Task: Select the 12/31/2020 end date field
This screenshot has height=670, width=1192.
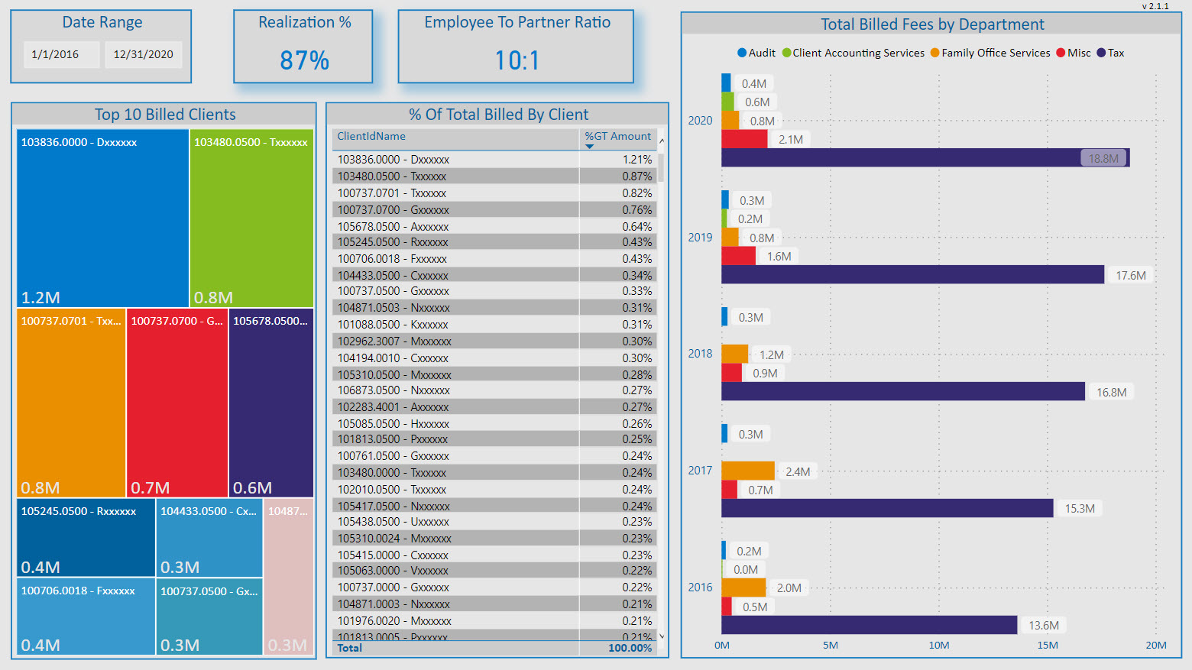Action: click(143, 54)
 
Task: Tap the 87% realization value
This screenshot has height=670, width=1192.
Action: click(304, 60)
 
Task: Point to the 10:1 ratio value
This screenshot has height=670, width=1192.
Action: click(517, 60)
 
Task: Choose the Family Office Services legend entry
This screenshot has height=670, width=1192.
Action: click(990, 53)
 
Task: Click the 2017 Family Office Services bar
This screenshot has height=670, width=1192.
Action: click(747, 471)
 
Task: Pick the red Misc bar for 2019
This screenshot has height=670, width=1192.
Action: click(738, 256)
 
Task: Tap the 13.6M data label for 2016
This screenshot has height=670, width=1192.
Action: click(1044, 626)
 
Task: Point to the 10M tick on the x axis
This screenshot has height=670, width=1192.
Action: click(939, 646)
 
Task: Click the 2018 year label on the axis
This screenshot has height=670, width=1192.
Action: click(700, 354)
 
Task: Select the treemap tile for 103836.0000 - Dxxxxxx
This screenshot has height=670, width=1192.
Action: click(102, 218)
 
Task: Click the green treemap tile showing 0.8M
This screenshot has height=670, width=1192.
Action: click(251, 218)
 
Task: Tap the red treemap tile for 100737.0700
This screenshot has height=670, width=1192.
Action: click(177, 403)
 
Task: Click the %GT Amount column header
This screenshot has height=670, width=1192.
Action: click(617, 137)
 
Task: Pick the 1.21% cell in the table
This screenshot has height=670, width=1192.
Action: click(636, 160)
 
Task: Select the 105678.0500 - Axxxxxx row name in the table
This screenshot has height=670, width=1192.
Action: click(393, 227)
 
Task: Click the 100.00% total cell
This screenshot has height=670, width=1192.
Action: click(630, 648)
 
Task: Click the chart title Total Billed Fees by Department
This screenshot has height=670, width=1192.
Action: click(931, 24)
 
